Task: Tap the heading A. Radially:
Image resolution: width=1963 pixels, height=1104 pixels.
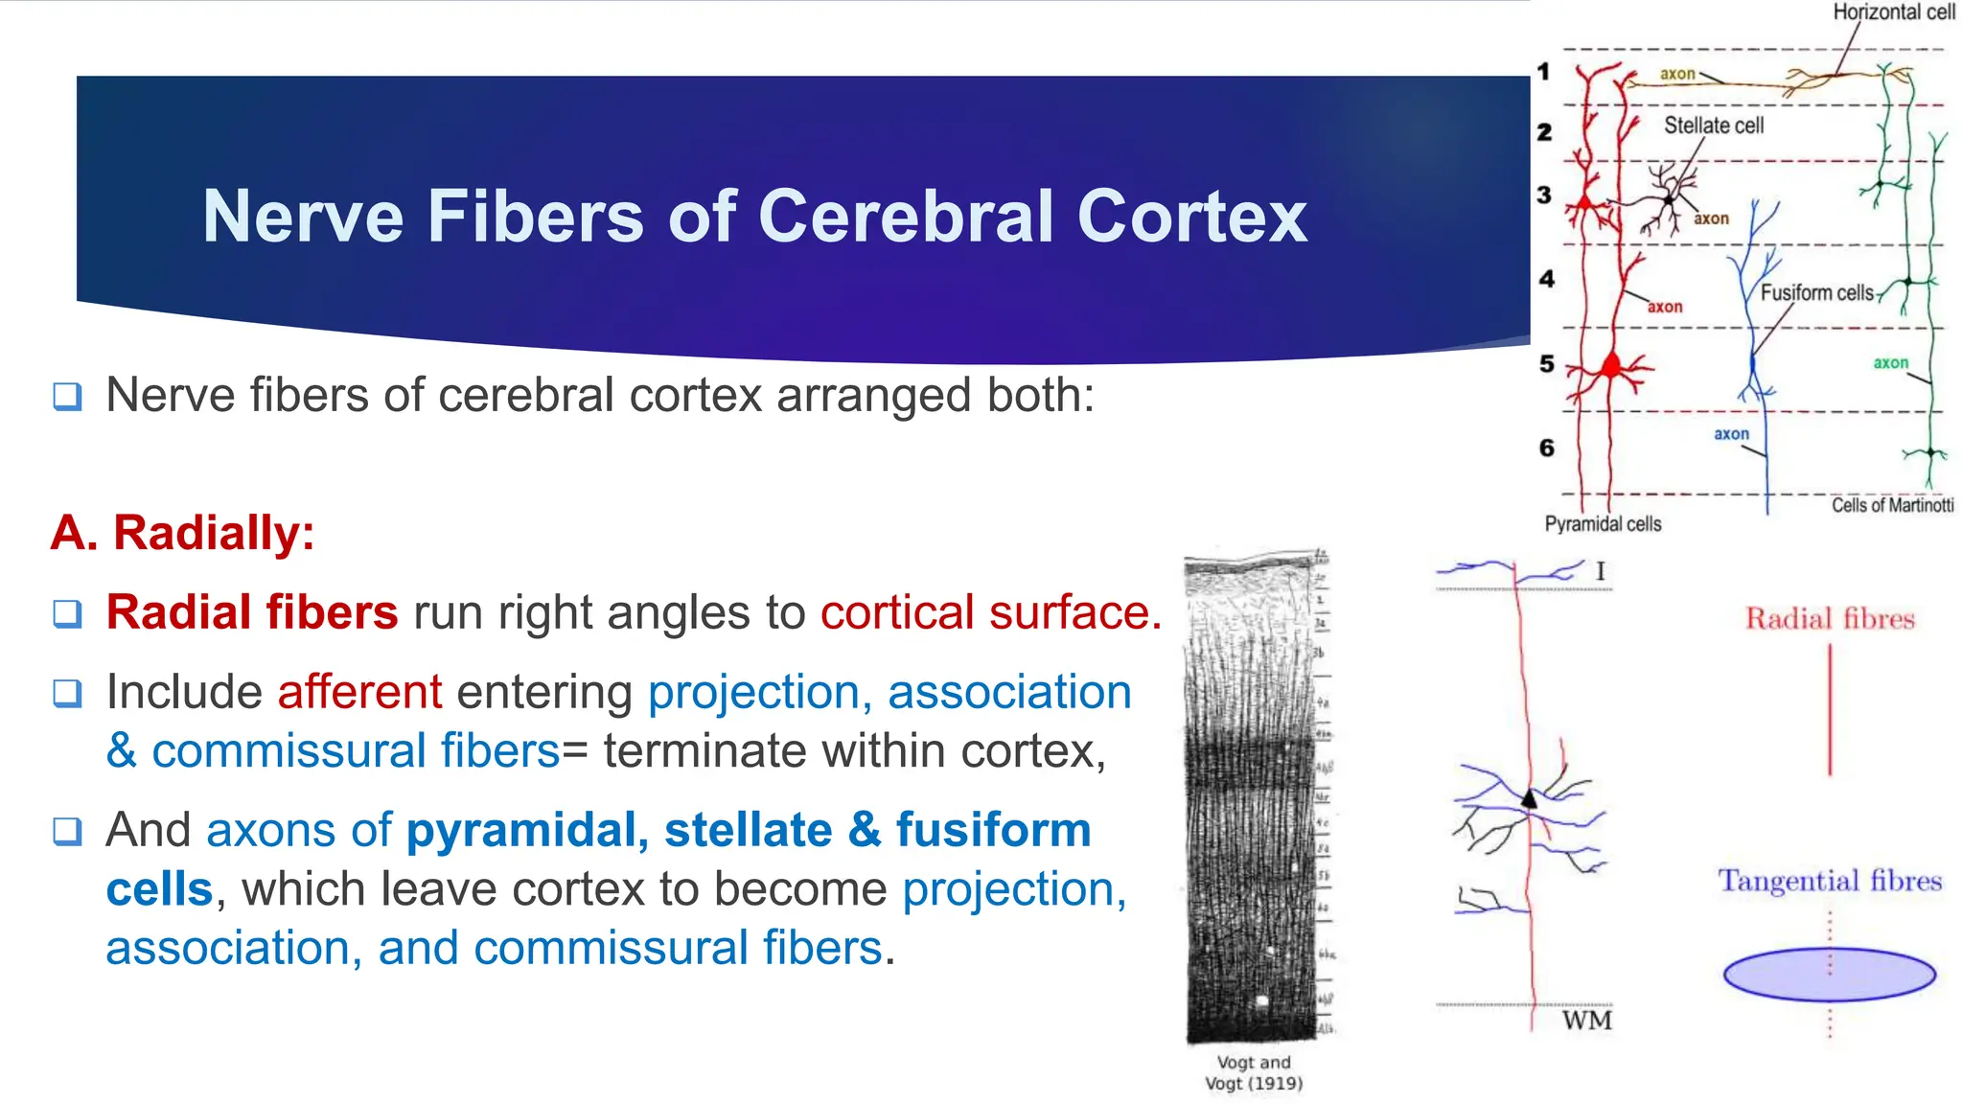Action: click(x=182, y=533)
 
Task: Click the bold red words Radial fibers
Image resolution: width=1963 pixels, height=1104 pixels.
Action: click(x=251, y=612)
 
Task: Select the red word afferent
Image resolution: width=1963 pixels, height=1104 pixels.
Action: click(x=359, y=692)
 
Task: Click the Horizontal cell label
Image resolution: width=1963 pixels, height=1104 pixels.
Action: click(x=1893, y=12)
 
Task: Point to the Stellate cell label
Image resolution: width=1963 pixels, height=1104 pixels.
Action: click(x=1713, y=126)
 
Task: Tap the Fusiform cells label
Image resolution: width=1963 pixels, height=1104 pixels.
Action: click(x=1815, y=293)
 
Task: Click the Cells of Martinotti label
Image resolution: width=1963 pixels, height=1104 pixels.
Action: click(x=1892, y=505)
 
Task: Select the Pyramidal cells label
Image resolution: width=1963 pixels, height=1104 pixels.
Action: click(x=1603, y=524)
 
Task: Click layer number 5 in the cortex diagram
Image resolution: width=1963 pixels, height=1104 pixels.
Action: click(x=1546, y=364)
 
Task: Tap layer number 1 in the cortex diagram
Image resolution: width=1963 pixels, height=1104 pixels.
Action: click(x=1543, y=72)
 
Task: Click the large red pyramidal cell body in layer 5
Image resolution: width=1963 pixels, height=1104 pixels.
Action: click(x=1612, y=366)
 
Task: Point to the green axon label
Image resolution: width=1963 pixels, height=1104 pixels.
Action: click(x=1890, y=363)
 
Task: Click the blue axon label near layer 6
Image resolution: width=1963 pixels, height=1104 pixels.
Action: click(x=1731, y=434)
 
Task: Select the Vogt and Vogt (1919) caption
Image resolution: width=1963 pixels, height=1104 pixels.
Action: click(x=1254, y=1073)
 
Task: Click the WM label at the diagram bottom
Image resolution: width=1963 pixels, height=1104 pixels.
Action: click(x=1587, y=1021)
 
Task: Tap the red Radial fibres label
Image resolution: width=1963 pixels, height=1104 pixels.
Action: click(x=1829, y=619)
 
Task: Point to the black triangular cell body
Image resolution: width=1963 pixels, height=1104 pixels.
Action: click(x=1530, y=798)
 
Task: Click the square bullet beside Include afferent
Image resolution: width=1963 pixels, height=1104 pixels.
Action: click(x=67, y=693)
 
